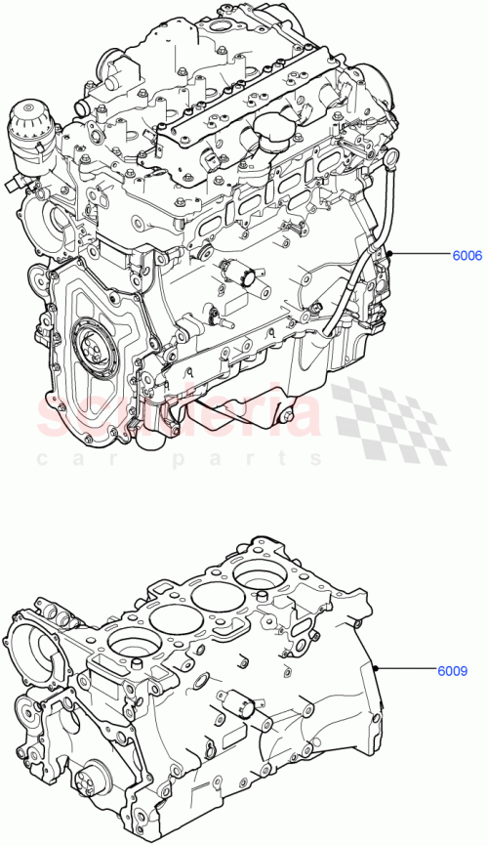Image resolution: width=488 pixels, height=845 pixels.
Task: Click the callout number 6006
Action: [x=465, y=257]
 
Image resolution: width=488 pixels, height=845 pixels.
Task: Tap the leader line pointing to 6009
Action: [x=410, y=670]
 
